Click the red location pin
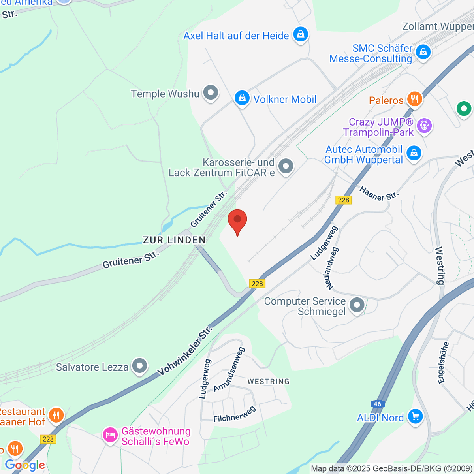[237, 220]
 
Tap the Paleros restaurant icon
[414, 100]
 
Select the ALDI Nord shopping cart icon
[415, 417]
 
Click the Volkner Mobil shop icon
[242, 98]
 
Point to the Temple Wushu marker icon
[211, 93]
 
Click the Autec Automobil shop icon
[414, 153]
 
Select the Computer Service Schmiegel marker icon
[357, 305]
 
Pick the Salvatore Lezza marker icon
[139, 366]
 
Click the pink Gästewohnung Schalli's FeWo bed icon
[110, 435]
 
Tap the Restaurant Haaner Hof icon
[56, 416]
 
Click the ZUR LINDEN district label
[174, 240]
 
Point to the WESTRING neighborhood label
[268, 381]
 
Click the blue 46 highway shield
[377, 404]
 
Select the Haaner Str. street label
[379, 194]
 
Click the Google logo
[24, 465]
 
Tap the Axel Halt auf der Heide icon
[300, 35]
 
